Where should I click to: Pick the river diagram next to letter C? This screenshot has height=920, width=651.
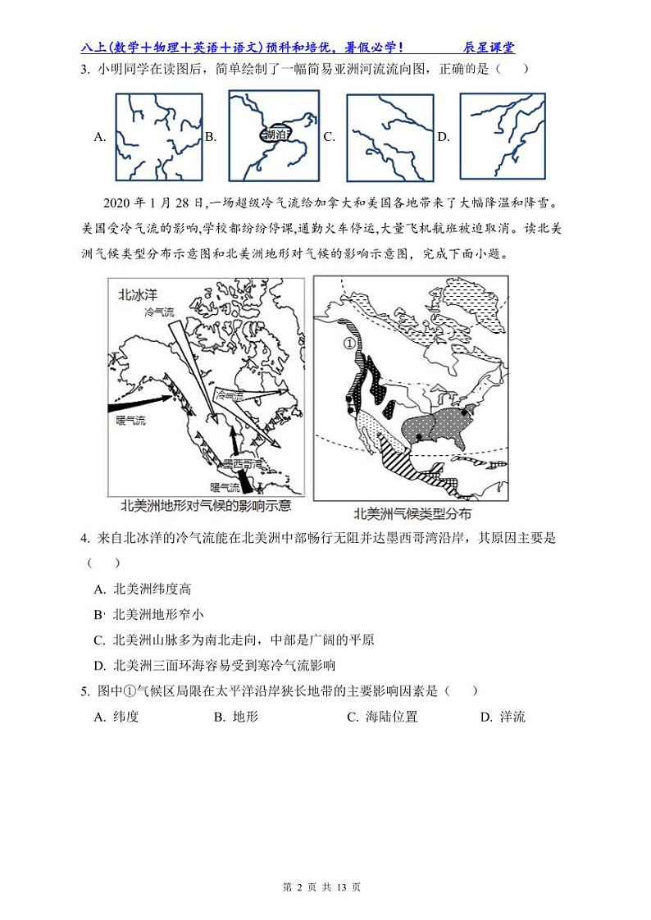pyautogui.click(x=389, y=137)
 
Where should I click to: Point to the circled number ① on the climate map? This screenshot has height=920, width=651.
pyautogui.click(x=350, y=344)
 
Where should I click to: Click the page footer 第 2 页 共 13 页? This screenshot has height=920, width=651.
pyautogui.click(x=326, y=887)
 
